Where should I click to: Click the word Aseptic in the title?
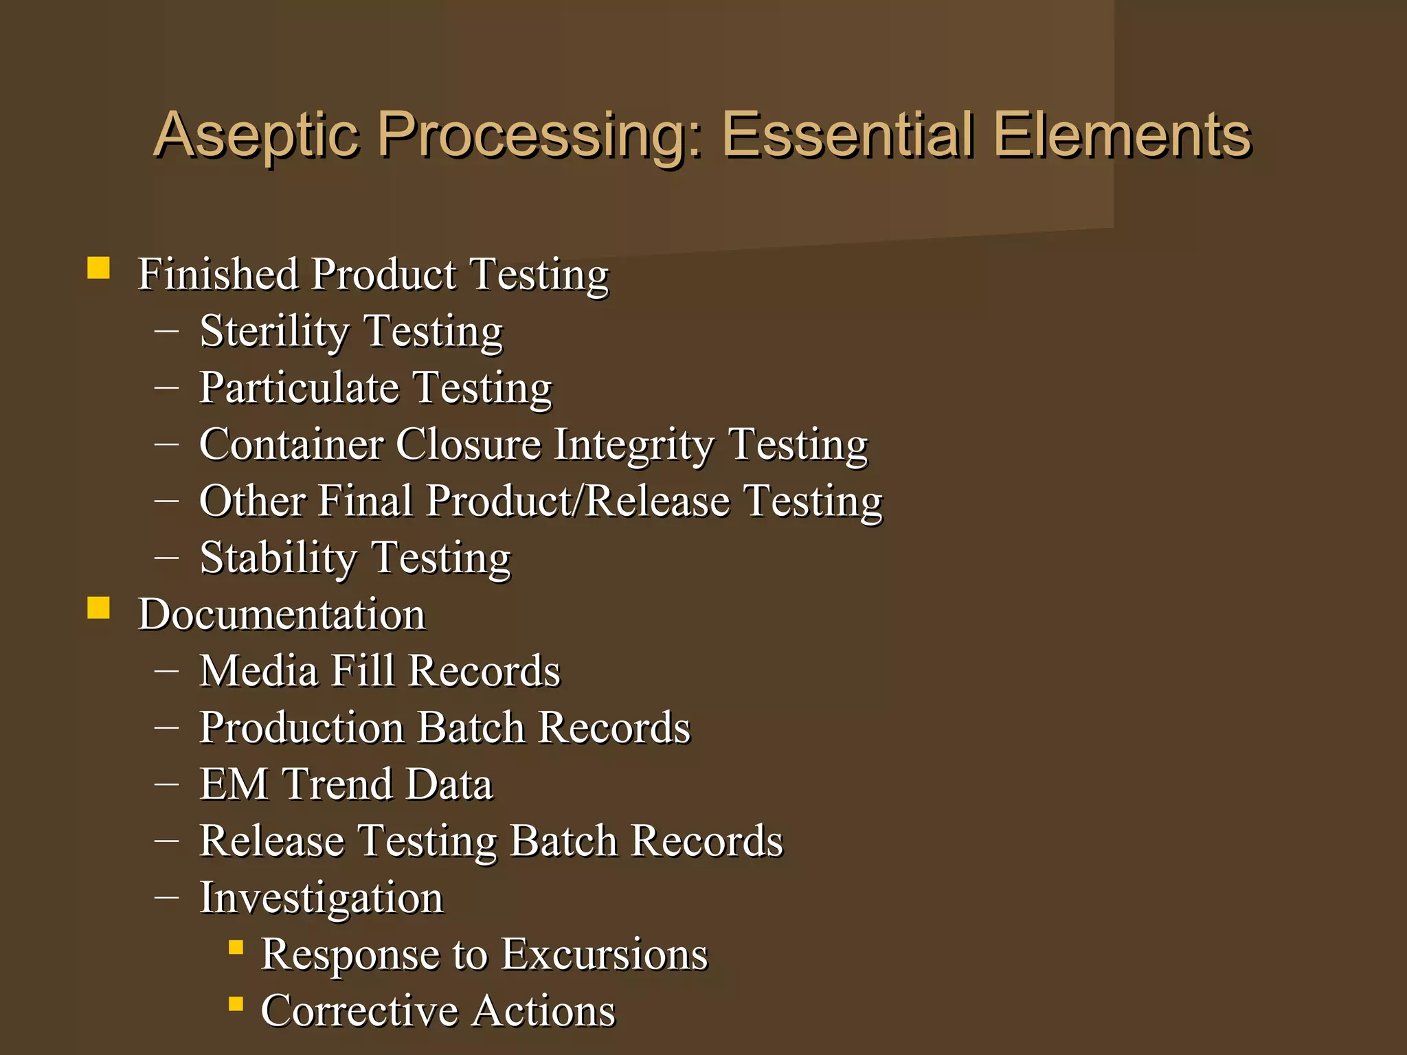258,135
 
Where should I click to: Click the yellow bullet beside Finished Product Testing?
98,268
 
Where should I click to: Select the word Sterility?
275,332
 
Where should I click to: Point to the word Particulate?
299,388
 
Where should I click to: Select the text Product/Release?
578,501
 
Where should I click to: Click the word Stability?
278,558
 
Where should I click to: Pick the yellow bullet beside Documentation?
98,608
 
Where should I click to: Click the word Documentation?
282,614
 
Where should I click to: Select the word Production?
302,727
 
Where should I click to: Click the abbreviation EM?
234,784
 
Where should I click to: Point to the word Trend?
337,784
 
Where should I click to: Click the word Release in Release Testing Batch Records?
272,841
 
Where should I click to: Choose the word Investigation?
322,898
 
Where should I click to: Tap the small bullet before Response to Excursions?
236,948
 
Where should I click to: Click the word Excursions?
604,954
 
